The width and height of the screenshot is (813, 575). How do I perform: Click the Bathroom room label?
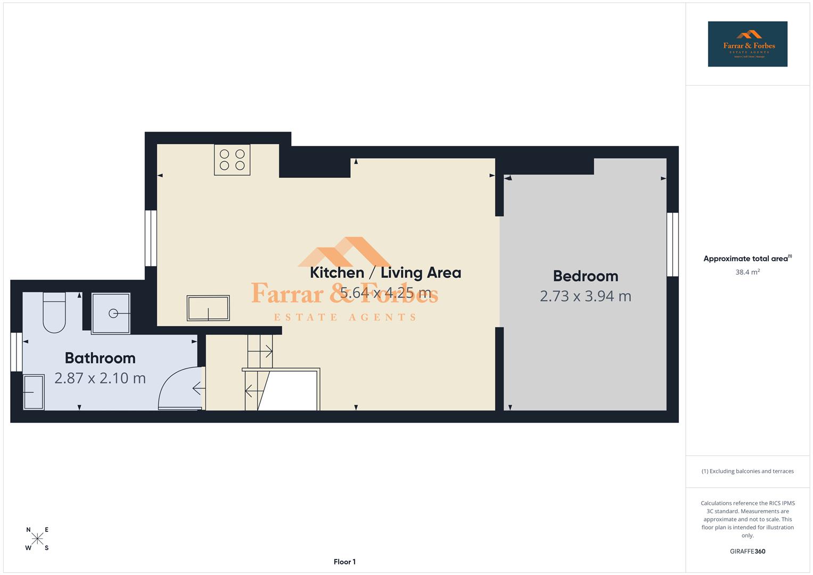(100, 358)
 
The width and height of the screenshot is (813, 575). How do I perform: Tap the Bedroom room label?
(585, 276)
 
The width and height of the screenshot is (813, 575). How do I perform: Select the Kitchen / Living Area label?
(385, 273)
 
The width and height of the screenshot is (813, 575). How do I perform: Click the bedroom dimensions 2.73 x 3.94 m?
(585, 296)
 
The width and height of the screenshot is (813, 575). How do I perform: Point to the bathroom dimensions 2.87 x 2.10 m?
(100, 378)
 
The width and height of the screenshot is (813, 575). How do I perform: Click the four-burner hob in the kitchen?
(232, 160)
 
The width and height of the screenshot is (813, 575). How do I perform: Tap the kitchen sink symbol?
(208, 308)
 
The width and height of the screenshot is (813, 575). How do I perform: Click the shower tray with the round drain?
(111, 314)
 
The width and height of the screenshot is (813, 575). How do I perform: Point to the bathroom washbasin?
(34, 392)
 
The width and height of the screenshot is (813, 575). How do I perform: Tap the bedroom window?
(672, 244)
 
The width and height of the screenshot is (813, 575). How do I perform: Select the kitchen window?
(151, 238)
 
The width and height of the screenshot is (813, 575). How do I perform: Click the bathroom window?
(17, 352)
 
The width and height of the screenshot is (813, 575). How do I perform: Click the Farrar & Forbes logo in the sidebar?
(748, 44)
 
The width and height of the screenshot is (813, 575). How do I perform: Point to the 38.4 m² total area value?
(748, 272)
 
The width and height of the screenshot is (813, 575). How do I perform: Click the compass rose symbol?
(37, 539)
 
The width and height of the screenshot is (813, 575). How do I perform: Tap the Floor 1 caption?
(344, 562)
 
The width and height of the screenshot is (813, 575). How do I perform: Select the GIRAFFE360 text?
(748, 552)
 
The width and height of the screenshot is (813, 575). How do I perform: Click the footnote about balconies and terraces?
(748, 471)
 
